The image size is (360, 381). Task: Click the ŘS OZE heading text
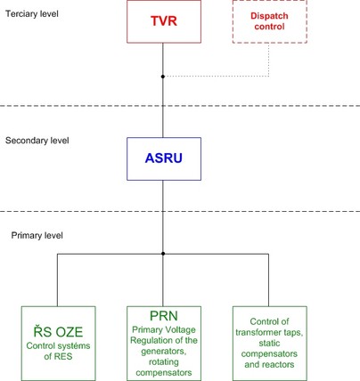tap(58, 331)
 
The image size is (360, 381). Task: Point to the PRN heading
tap(164, 316)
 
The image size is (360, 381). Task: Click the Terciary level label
tap(32, 14)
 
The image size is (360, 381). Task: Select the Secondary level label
tap(37, 141)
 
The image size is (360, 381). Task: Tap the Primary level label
tap(37, 236)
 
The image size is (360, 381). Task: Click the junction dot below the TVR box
tap(163, 77)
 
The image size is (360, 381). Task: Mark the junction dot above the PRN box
tap(163, 254)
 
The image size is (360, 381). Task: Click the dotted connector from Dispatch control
tap(269, 77)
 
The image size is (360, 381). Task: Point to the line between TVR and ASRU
tap(163, 90)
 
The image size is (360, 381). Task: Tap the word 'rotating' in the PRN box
tap(164, 361)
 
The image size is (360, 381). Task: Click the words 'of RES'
tap(58, 356)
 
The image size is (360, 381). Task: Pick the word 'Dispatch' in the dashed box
tap(269, 16)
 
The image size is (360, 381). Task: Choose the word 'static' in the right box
tap(269, 343)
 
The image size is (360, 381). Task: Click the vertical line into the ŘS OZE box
tap(57, 280)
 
